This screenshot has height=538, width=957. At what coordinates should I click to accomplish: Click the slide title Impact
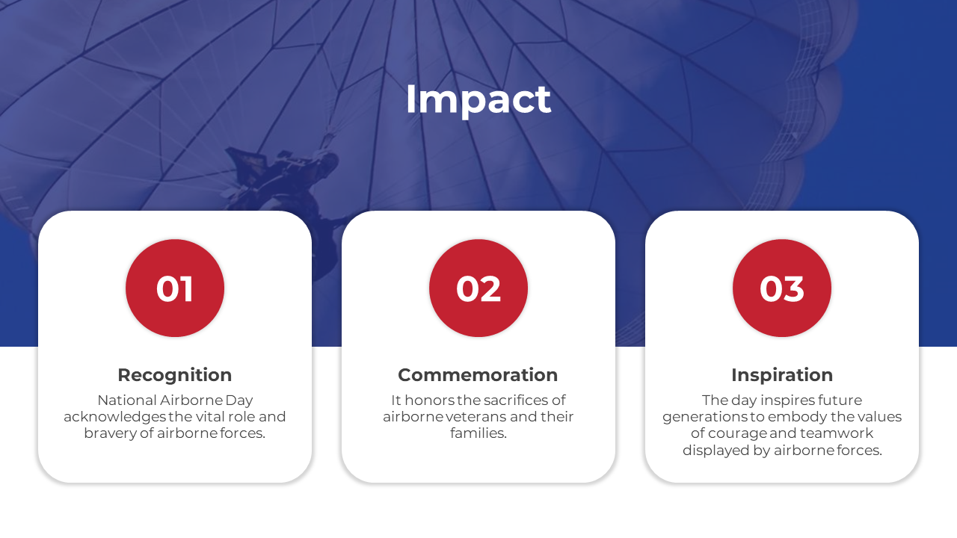tap(478, 100)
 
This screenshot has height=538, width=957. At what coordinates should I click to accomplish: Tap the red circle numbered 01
tap(175, 288)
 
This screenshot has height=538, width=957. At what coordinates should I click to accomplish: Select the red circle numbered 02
tap(478, 288)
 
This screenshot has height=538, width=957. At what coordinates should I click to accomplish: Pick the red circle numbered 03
tap(782, 288)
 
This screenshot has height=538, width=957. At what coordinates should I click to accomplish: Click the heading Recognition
tap(175, 375)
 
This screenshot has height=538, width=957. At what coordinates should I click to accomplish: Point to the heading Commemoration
tap(478, 375)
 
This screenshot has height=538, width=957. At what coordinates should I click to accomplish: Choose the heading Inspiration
tap(782, 375)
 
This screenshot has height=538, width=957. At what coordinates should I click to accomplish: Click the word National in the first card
tap(126, 400)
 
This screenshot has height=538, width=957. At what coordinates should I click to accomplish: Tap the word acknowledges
tap(114, 417)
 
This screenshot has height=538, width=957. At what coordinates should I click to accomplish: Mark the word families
tap(478, 433)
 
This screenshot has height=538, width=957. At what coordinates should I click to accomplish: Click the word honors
tap(430, 400)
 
